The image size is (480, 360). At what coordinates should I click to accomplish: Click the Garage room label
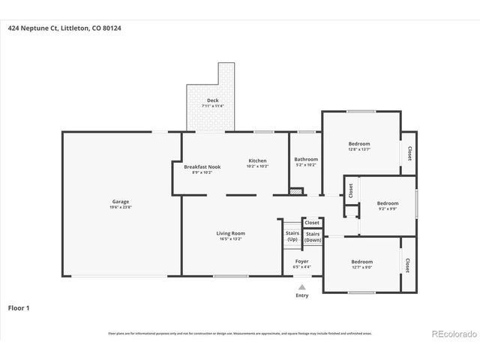[x=121, y=201]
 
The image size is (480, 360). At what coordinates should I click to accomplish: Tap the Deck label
[x=213, y=100]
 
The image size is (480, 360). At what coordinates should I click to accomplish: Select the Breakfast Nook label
[x=202, y=166]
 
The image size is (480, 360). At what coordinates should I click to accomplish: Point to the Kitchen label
[x=257, y=160]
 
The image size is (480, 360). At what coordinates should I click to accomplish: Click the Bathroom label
[x=305, y=159]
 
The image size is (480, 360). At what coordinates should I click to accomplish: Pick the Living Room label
[x=231, y=233]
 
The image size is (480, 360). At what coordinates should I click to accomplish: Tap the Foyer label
[x=301, y=261]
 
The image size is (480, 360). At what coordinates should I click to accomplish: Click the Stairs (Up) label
[x=292, y=235]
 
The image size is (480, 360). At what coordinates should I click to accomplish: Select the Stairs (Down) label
[x=313, y=237]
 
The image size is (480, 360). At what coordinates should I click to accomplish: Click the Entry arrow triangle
[x=301, y=286]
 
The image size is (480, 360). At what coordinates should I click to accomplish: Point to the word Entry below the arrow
[x=301, y=295]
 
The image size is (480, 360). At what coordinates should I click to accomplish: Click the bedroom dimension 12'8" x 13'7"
[x=358, y=148]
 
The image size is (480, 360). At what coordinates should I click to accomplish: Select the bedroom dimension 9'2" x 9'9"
[x=387, y=208]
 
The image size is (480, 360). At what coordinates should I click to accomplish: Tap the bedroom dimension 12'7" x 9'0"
[x=361, y=267]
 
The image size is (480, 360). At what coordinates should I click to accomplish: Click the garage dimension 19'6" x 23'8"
[x=121, y=206]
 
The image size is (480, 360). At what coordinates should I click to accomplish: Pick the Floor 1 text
[x=19, y=307]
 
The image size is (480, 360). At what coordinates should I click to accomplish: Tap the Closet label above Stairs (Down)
[x=312, y=223]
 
